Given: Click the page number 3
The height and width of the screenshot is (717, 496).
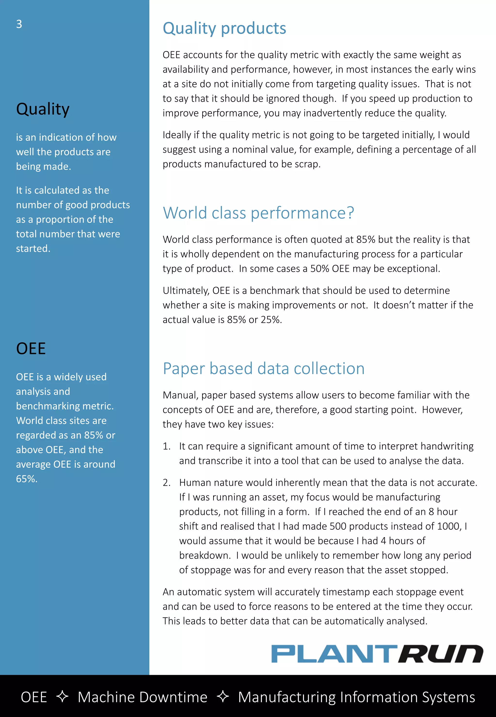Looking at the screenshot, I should (x=19, y=24).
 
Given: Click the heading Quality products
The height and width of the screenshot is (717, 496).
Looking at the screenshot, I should (x=224, y=29).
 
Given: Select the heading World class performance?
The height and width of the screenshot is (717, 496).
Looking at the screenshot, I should (x=258, y=213).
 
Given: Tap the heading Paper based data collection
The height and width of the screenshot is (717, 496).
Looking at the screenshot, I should (x=263, y=369).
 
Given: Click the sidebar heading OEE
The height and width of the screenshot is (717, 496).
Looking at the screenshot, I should (x=31, y=348).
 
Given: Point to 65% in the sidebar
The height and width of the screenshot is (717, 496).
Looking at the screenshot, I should (x=26, y=479).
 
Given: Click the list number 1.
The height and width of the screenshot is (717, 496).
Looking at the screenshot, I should (x=167, y=446).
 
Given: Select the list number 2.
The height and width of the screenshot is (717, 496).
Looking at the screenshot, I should (x=167, y=482).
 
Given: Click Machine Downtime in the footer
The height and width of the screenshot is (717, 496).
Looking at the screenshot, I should (x=142, y=697).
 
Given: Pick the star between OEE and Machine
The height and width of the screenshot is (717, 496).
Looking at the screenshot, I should (x=62, y=696).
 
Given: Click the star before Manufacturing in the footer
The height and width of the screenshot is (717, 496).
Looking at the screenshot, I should (x=223, y=696).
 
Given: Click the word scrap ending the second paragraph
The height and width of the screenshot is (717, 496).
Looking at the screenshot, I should (x=307, y=164).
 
